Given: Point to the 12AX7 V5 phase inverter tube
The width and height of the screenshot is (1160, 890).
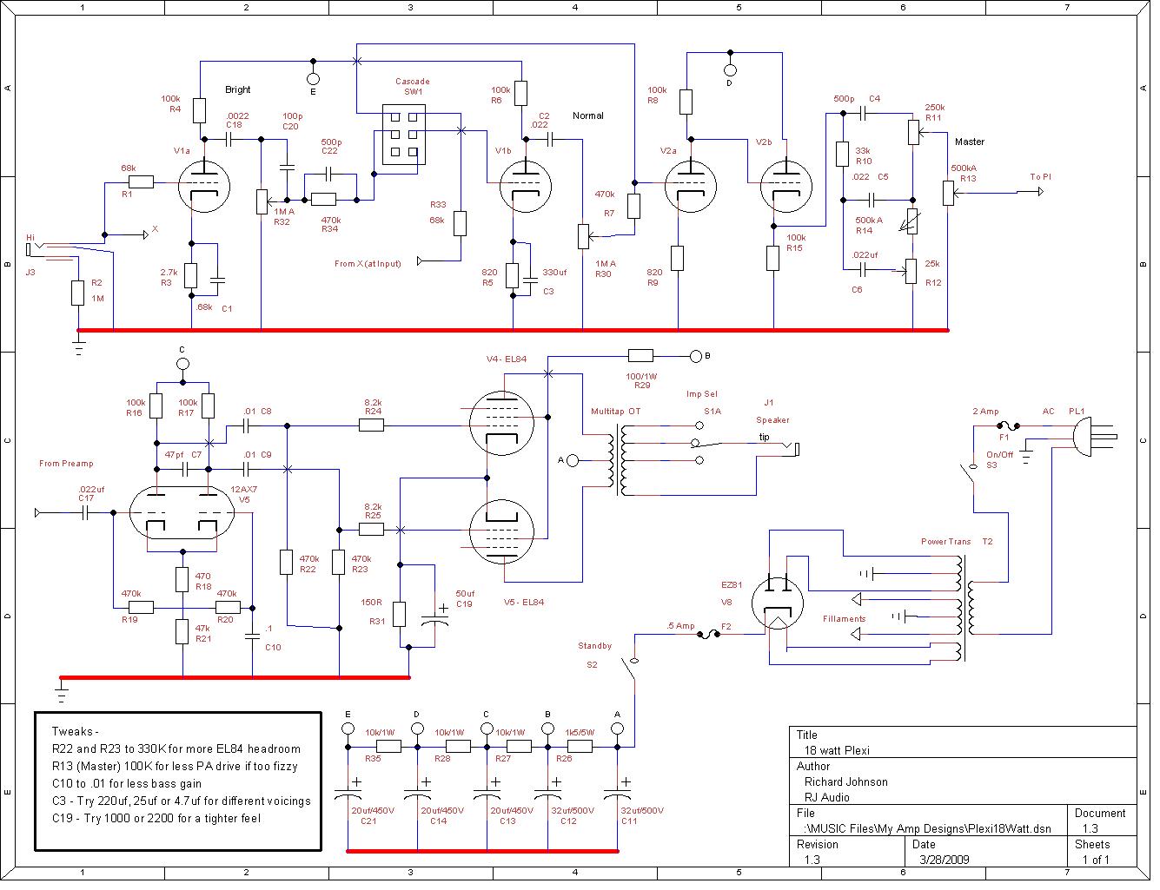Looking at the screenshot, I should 182,512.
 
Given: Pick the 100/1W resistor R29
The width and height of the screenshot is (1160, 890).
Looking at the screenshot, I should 640,355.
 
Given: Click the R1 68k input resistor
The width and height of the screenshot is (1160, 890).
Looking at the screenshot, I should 141,182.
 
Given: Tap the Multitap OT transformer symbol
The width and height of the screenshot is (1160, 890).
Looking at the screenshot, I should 620,459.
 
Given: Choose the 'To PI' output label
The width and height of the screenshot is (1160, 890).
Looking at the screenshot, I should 1040,177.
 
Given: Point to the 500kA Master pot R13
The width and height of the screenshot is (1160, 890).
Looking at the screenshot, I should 948,193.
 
